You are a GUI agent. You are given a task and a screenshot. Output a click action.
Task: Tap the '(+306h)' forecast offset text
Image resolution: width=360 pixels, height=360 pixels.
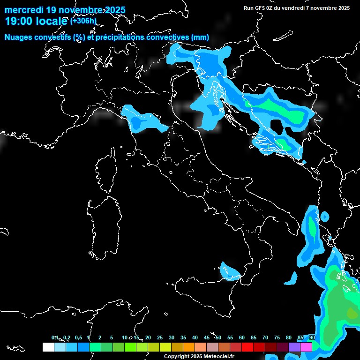point(83,21)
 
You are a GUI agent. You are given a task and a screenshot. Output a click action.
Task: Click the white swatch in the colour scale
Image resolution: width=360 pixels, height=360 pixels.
point(48,347)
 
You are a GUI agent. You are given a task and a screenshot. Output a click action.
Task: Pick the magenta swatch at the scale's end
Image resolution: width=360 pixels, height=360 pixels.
point(306,347)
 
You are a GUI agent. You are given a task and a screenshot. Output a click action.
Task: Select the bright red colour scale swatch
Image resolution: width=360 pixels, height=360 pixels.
point(247,347)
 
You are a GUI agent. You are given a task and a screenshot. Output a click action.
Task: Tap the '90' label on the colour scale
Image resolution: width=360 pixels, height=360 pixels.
point(312,337)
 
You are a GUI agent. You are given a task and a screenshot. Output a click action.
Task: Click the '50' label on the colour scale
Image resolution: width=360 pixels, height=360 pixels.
point(218,337)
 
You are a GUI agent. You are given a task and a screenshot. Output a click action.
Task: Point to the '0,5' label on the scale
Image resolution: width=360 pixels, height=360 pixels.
point(78,337)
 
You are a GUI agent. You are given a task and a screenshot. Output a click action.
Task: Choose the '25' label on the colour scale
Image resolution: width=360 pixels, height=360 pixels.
point(160,337)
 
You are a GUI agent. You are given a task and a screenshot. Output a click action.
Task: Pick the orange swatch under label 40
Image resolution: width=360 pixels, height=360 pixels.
point(189,347)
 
